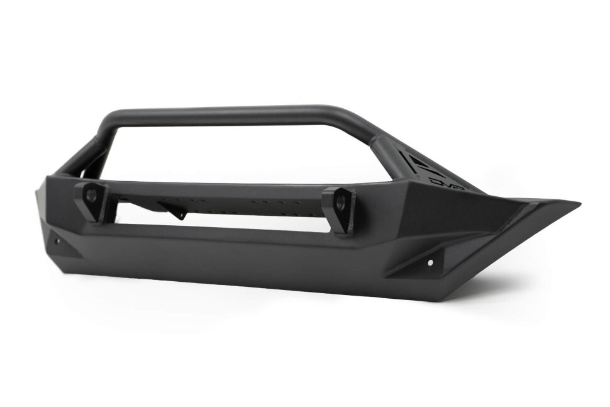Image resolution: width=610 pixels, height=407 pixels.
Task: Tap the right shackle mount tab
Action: [338, 211]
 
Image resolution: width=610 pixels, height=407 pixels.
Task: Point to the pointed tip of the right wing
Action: [577, 203]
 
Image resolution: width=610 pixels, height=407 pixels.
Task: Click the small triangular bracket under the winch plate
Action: [175, 211]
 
